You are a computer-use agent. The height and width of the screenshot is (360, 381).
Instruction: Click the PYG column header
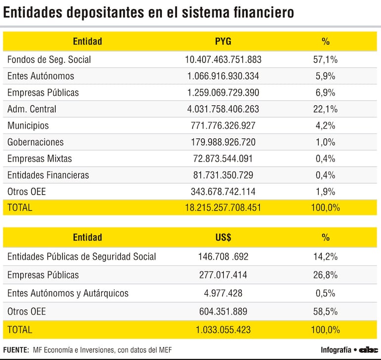[223, 42]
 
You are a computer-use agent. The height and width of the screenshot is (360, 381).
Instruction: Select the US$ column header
[223, 237]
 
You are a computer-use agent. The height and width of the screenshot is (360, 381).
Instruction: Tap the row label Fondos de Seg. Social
[49, 60]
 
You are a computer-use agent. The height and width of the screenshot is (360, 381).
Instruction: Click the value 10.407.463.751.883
[223, 60]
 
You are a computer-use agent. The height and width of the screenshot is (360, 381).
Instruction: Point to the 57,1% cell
[326, 60]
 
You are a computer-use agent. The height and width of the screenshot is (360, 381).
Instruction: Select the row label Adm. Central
[32, 109]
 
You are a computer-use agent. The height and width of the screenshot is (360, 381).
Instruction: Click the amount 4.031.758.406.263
[223, 109]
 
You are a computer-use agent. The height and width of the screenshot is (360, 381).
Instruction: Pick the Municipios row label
[28, 126]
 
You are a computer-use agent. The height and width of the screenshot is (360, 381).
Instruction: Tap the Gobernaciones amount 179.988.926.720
[223, 142]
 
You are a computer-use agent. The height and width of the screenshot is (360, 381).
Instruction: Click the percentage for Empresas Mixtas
[326, 159]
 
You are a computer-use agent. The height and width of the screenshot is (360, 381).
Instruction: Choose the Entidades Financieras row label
[48, 175]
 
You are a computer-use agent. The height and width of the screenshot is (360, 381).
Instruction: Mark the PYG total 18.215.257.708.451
[223, 208]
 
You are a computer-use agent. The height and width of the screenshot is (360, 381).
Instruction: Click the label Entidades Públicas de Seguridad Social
[82, 257]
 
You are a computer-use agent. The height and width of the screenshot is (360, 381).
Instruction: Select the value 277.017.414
[223, 275]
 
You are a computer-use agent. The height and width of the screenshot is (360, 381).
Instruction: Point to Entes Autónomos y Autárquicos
[68, 293]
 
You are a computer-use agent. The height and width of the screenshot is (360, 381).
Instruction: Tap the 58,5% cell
[326, 312]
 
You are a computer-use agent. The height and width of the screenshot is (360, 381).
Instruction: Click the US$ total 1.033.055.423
[223, 330]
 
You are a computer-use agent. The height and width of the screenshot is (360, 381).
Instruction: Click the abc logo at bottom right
[369, 350]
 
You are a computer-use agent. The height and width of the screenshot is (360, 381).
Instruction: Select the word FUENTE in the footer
[16, 350]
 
